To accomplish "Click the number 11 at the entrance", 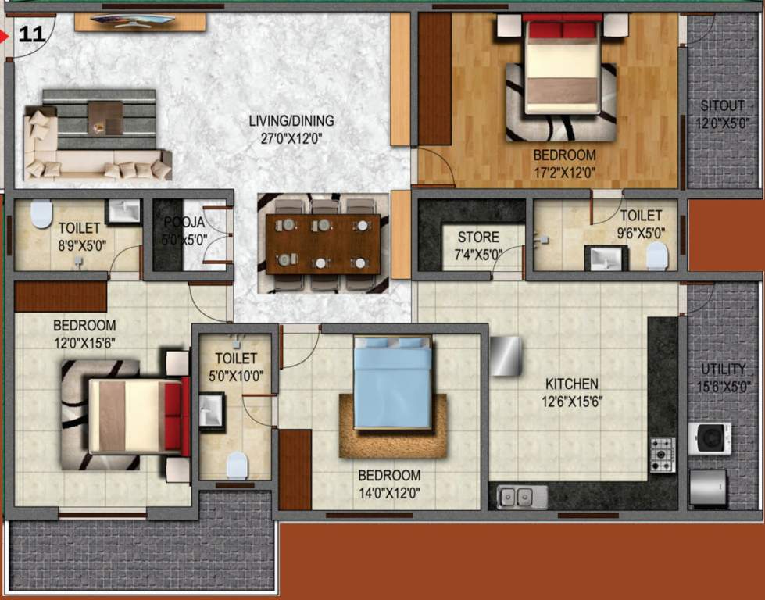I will click(30, 34).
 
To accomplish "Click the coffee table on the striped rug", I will click(105, 118).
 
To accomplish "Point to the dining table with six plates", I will click(323, 244).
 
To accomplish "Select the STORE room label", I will click(478, 237).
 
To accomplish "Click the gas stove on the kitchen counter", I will click(662, 455).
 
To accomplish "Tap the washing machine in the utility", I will click(710, 438).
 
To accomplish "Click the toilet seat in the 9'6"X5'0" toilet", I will click(657, 255).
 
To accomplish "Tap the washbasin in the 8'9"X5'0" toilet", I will click(122, 211).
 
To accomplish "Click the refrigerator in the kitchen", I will click(506, 356).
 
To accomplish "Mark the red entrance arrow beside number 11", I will click(5, 35).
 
